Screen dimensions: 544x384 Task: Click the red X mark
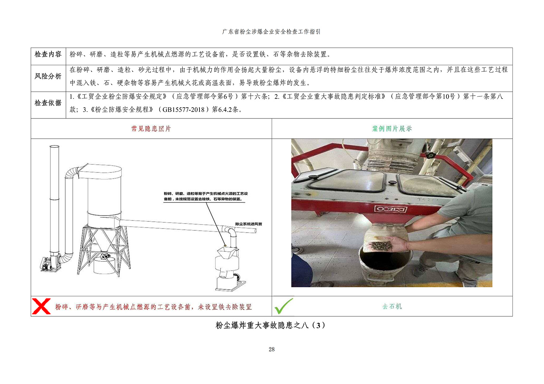point(41,306)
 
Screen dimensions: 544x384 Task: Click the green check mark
point(283,306)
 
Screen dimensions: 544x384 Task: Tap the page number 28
point(272,349)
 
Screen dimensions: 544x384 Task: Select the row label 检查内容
point(48,54)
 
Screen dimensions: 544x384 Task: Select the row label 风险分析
point(48,76)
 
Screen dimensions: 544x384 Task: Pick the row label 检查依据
point(48,103)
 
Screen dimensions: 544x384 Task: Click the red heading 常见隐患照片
point(151,129)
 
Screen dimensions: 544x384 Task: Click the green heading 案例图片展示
point(392,129)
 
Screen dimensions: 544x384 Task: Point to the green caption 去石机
point(392,306)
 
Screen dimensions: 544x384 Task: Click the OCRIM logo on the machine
point(390,209)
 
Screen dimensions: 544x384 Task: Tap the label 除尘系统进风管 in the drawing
point(248,224)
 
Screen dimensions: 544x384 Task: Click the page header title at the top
point(271,32)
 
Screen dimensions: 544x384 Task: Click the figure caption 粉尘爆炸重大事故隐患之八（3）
point(270,325)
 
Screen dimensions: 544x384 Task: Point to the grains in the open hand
point(381,246)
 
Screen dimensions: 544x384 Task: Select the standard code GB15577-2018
point(184,110)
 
